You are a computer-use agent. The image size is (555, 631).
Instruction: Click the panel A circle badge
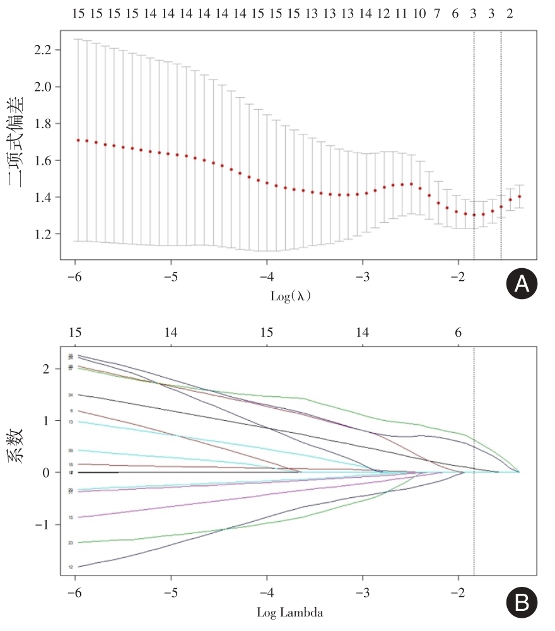(x=521, y=285)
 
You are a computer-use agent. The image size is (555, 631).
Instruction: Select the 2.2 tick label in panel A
(x=47, y=50)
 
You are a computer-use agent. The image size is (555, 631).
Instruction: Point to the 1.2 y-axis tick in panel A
(x=47, y=234)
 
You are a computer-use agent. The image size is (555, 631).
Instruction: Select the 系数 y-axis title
(x=17, y=445)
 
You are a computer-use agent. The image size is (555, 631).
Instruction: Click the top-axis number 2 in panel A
(x=510, y=13)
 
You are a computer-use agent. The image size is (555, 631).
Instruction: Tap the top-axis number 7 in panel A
(x=436, y=13)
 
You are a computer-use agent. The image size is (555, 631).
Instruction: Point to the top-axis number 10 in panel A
(x=419, y=13)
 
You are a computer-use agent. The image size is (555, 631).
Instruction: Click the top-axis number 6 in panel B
(x=458, y=333)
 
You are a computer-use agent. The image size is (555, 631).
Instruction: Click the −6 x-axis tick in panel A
(x=74, y=276)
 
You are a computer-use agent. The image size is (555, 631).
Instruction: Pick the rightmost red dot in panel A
(x=520, y=196)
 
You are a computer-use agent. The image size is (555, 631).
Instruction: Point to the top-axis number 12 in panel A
(x=383, y=13)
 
